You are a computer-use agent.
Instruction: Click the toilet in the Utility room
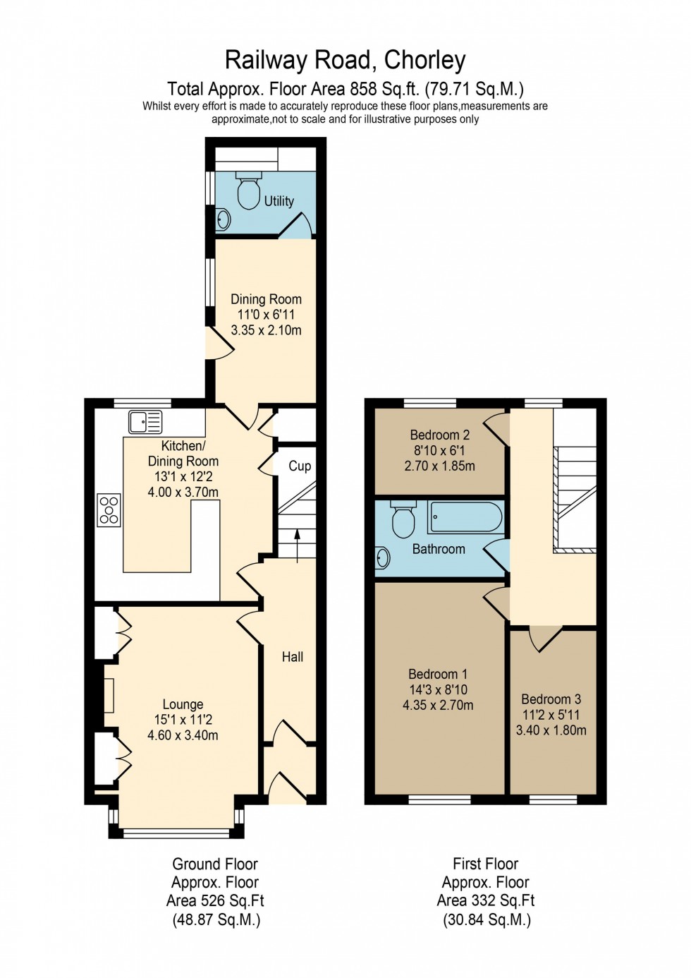point(249,191)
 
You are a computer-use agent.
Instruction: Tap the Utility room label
point(279,201)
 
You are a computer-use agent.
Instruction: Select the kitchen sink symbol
point(145,422)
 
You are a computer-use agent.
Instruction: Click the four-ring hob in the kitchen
point(109,510)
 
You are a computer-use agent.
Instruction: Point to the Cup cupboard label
point(300,466)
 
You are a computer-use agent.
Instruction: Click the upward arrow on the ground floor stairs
point(296,545)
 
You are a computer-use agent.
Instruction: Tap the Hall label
point(293,657)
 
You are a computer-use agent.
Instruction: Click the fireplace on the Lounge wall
point(109,695)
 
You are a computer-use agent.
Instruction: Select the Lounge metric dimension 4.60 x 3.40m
point(183,735)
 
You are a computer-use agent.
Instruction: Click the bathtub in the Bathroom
point(465,517)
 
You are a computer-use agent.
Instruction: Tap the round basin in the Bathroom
point(383,558)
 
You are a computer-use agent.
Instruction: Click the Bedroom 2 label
point(439,435)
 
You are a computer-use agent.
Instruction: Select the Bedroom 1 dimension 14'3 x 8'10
point(438,689)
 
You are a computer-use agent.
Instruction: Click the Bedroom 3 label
point(551,699)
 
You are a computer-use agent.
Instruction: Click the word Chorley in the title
point(424,60)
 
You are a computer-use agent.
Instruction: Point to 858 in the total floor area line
point(366,90)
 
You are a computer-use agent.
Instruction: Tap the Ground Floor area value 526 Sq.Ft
point(215,901)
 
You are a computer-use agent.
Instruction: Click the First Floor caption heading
point(485,864)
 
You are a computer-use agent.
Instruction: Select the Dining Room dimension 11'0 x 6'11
point(266,315)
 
